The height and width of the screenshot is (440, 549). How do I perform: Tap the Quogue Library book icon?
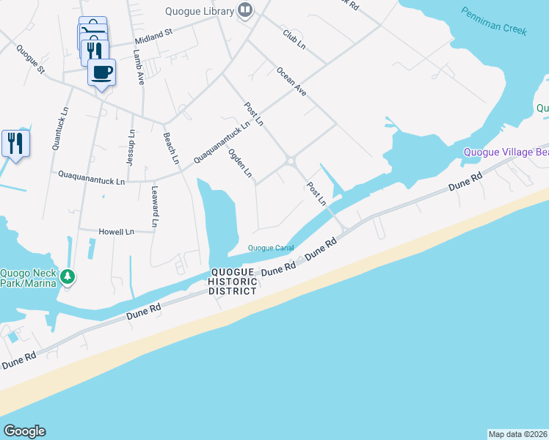click(x=245, y=10)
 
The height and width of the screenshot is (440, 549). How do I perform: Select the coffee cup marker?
click(x=101, y=73)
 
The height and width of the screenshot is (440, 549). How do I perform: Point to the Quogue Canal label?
click(x=271, y=248)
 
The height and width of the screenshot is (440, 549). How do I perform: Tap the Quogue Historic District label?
click(x=233, y=281)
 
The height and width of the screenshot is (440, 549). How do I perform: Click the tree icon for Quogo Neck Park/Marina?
click(x=68, y=276)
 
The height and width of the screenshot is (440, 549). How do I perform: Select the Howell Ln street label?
click(x=117, y=232)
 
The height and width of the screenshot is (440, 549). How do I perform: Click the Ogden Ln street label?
click(x=240, y=164)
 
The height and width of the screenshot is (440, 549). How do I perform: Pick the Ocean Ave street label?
click(x=291, y=81)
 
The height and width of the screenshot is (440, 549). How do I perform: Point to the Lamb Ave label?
click(x=139, y=67)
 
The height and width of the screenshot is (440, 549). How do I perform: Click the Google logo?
click(x=24, y=431)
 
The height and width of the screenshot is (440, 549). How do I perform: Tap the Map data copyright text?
click(x=517, y=433)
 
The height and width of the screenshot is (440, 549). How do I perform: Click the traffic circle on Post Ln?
click(x=291, y=161)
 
